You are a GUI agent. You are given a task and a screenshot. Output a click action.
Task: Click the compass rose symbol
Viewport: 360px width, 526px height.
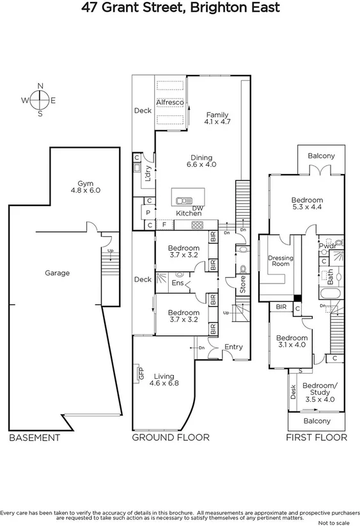point(40,100)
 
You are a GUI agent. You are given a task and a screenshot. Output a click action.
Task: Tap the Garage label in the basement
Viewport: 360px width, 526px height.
point(58,273)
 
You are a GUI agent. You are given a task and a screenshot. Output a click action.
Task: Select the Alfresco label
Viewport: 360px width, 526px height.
point(171,102)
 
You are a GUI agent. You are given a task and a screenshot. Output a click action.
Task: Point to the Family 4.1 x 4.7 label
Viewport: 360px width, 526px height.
point(217,118)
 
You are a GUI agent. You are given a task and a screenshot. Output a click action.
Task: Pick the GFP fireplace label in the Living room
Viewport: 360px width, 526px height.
point(141,373)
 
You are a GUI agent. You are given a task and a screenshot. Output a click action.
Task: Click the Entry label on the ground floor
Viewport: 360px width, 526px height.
point(233,347)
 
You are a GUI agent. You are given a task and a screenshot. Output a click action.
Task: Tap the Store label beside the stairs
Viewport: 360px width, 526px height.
point(242,284)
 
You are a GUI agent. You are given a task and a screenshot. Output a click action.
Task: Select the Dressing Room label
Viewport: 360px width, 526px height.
point(280,261)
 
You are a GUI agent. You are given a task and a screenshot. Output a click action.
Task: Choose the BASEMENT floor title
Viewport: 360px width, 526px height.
point(35,438)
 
